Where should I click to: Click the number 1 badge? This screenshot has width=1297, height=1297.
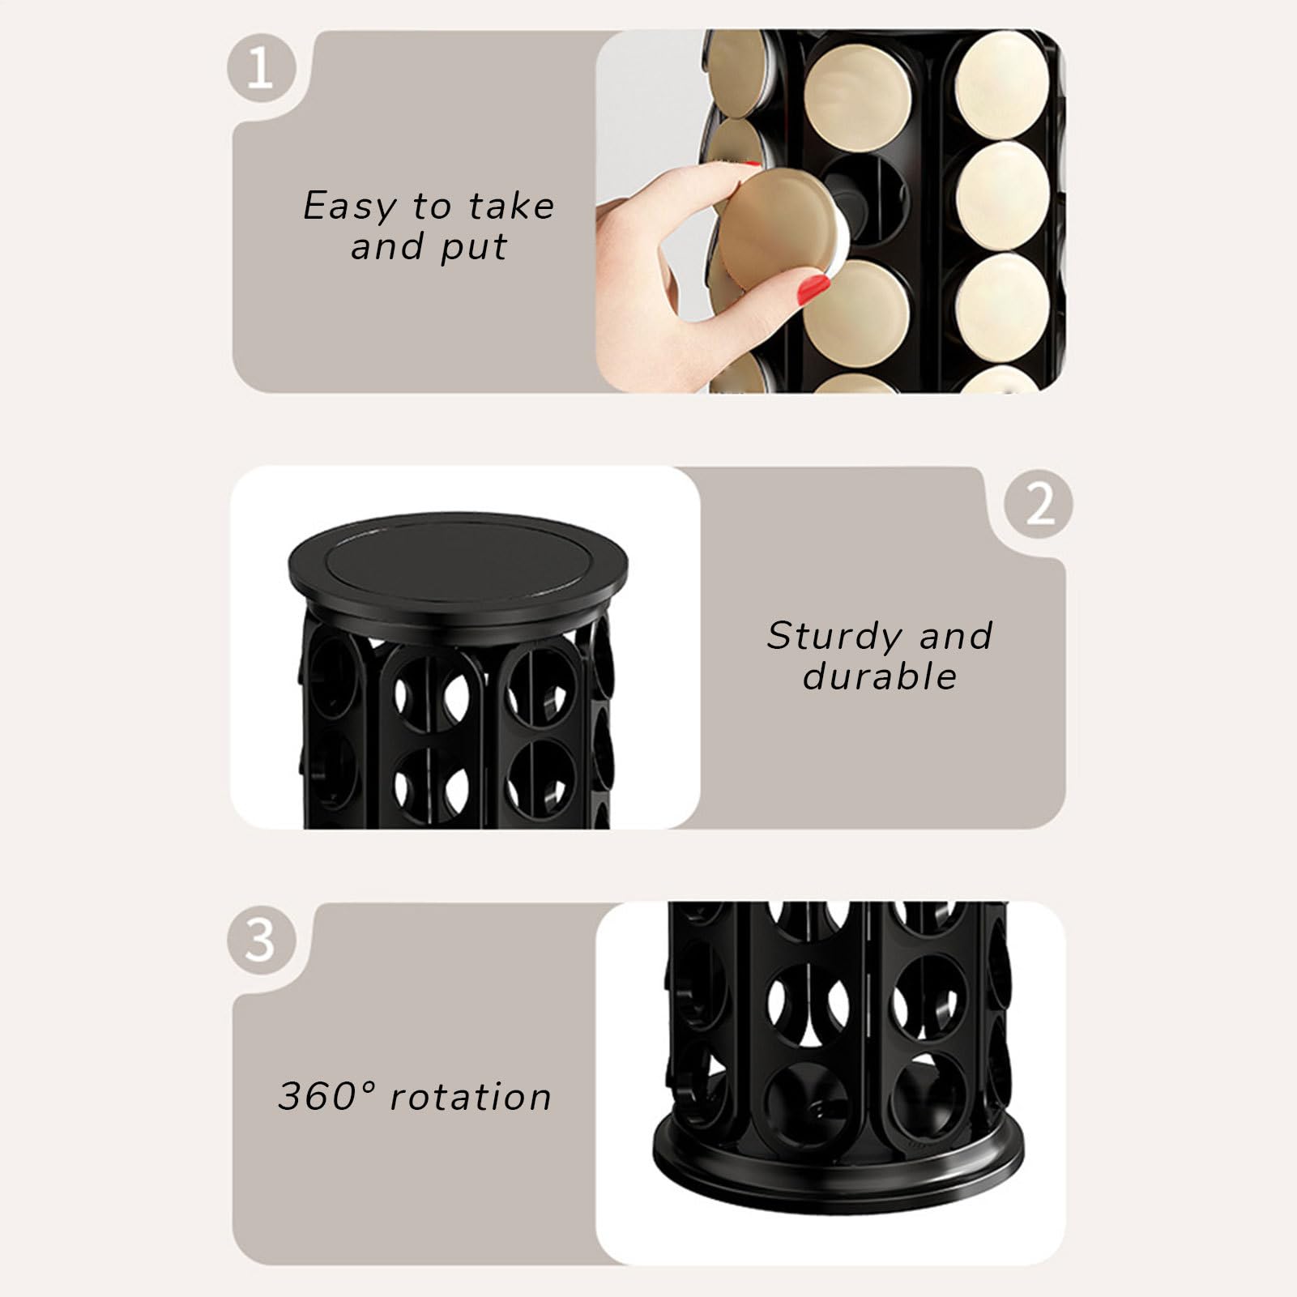(259, 67)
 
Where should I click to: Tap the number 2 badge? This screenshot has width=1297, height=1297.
(1039, 504)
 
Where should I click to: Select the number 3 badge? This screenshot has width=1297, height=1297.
(259, 940)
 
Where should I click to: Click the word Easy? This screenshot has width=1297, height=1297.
(350, 207)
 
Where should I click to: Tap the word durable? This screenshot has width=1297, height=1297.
(880, 676)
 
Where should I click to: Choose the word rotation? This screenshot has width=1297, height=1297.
(471, 1097)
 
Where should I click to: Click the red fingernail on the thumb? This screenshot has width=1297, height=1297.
(813, 289)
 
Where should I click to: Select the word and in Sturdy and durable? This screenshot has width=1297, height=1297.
(955, 636)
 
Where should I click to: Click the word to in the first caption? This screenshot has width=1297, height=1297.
(431, 207)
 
